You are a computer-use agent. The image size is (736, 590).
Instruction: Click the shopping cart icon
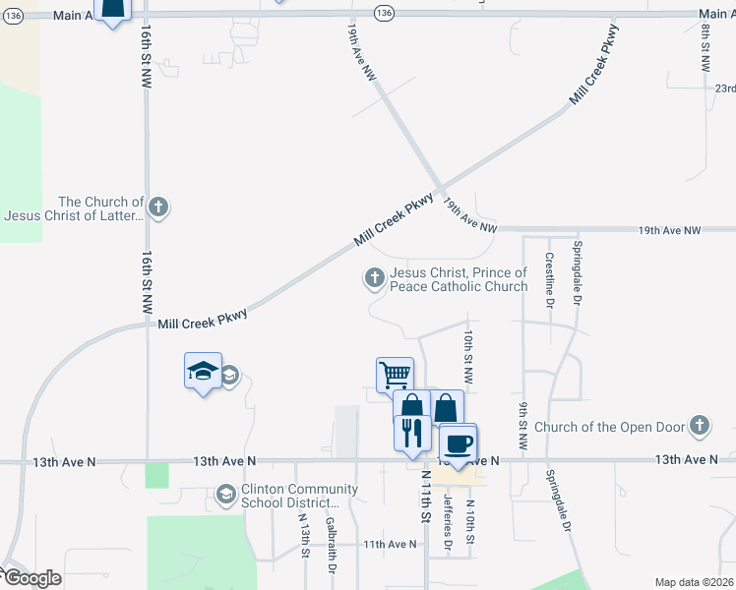395,374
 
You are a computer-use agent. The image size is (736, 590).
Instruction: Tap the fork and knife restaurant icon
412,433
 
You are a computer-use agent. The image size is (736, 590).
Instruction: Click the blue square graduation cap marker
203,371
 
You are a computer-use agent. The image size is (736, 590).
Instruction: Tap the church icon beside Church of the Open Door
700,426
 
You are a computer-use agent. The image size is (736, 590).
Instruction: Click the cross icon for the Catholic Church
374,279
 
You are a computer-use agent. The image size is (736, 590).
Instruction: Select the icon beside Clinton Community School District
226,494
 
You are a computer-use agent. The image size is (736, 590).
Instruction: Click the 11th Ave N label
390,544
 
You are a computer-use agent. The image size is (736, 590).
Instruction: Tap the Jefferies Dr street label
448,522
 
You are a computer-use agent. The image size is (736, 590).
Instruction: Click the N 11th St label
426,496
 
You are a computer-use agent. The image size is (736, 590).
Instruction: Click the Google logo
31,578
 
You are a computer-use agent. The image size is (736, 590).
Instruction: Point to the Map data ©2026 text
694,582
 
